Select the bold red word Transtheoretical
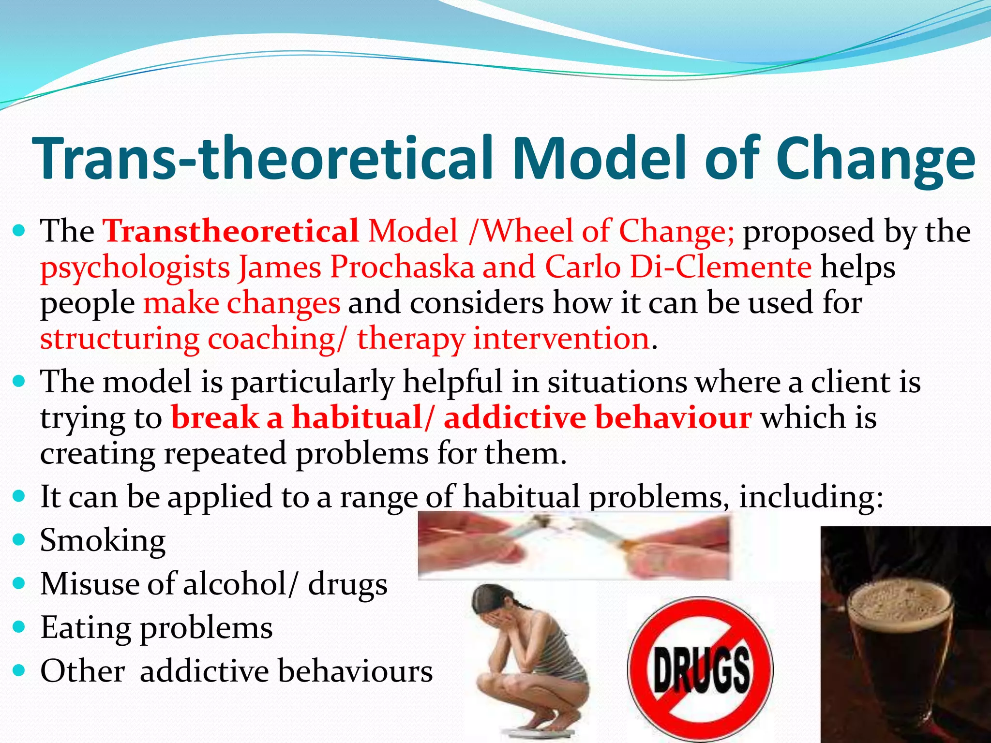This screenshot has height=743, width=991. point(231,231)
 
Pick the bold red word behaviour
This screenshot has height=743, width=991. point(673,417)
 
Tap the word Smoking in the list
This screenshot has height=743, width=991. point(103,540)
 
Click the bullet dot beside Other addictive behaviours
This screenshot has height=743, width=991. point(19,671)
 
